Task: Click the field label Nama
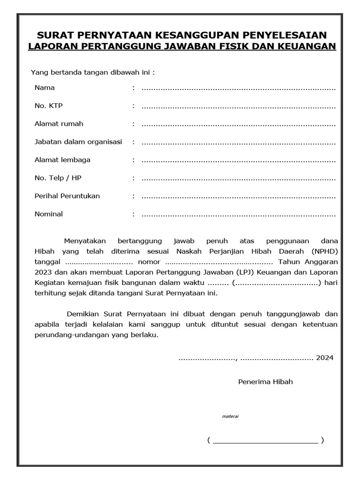point(45,88)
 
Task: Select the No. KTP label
point(48,106)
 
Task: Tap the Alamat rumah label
point(59,124)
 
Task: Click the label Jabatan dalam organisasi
point(78,142)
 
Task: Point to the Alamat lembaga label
point(62,160)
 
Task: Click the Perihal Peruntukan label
point(67,196)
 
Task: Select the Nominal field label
point(48,214)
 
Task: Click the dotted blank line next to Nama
point(238,88)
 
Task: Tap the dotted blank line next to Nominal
point(238,215)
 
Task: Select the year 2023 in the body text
point(43,272)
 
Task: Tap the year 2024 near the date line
point(325,358)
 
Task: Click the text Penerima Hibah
point(265,382)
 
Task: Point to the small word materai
point(230,416)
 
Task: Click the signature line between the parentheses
point(265,441)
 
